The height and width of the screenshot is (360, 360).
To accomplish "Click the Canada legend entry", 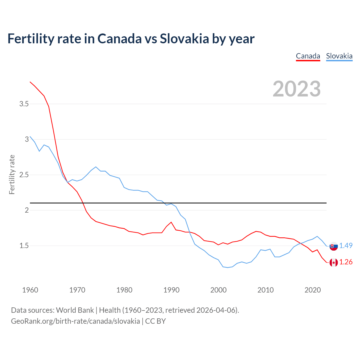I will click(308, 56).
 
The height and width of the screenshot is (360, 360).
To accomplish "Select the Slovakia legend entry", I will click(339, 56).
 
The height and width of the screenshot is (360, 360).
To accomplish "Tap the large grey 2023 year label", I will click(297, 89).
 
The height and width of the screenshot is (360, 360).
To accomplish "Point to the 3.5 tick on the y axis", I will click(24, 104).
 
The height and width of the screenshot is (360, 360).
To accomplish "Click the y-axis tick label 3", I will click(27, 139).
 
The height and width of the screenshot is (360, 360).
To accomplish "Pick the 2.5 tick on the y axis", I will click(24, 175).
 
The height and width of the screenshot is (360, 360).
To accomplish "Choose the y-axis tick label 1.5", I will click(24, 246).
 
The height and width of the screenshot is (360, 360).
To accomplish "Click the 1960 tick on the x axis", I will click(30, 290).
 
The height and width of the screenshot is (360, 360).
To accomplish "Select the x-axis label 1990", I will click(171, 290).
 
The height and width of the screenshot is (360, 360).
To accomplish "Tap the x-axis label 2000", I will click(219, 290).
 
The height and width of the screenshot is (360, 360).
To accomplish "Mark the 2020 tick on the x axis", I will click(312, 290).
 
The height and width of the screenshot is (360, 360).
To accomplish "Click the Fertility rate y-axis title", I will click(12, 174).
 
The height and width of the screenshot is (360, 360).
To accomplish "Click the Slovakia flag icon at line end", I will click(334, 246).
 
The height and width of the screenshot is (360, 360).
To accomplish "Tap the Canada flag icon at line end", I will click(334, 263).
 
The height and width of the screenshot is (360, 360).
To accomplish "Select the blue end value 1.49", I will click(346, 246).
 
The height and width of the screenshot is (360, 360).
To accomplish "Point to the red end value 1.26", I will click(346, 262).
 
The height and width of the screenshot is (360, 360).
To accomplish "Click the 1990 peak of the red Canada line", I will click(171, 222).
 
